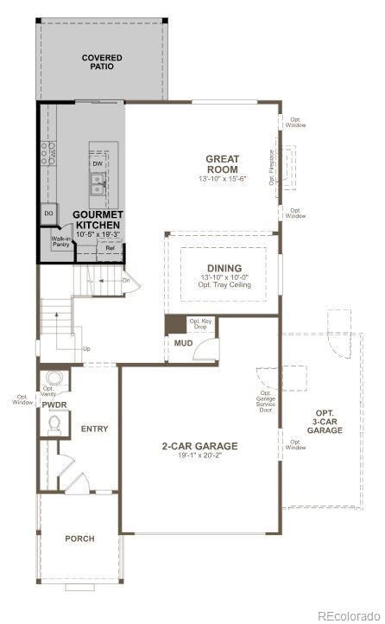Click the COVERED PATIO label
click(x=102, y=62)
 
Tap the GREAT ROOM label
click(x=222, y=163)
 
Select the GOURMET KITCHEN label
click(x=97, y=220)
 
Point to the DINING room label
click(x=224, y=268)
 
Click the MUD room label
click(x=183, y=343)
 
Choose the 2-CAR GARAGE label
click(x=199, y=446)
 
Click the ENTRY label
click(x=94, y=429)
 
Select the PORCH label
click(x=80, y=538)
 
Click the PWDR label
click(x=54, y=404)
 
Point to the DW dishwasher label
click(x=98, y=163)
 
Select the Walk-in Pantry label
click(x=60, y=241)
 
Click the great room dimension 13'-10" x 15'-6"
click(x=222, y=179)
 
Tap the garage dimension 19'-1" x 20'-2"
click(x=199, y=455)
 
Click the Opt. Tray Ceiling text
click(x=224, y=284)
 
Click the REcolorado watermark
click(x=349, y=615)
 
